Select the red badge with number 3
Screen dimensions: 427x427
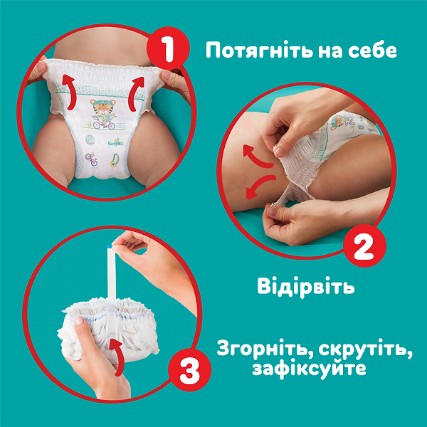(186, 372)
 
